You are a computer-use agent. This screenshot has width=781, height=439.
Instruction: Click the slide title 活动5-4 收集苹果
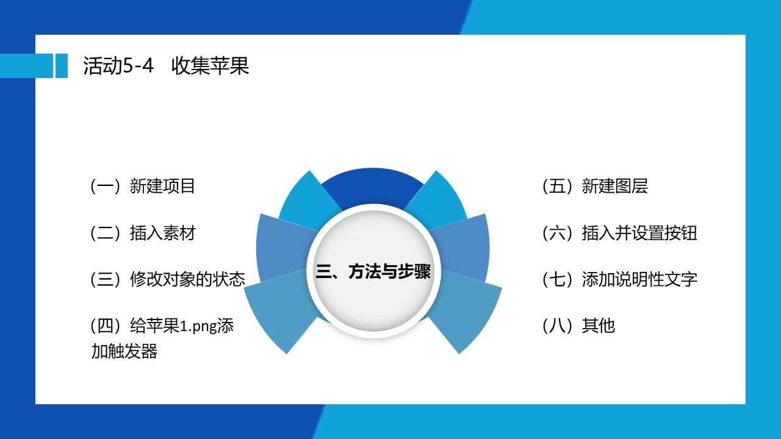(166, 65)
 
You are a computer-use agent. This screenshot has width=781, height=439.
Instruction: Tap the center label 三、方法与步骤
(373, 271)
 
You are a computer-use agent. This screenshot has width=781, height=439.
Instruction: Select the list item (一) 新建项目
(143, 186)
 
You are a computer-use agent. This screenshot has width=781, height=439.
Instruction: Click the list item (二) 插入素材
(143, 233)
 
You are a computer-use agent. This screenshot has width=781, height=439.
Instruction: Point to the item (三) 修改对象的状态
(168, 279)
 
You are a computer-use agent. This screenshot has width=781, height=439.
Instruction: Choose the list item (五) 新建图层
(595, 186)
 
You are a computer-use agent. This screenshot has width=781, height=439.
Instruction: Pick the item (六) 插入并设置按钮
(620, 233)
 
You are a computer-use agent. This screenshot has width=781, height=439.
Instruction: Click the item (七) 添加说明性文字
(620, 279)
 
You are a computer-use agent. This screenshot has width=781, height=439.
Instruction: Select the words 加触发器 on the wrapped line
(124, 351)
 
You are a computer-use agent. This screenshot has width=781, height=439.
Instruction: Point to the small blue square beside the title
(62, 65)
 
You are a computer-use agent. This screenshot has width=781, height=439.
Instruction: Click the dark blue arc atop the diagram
(373, 185)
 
